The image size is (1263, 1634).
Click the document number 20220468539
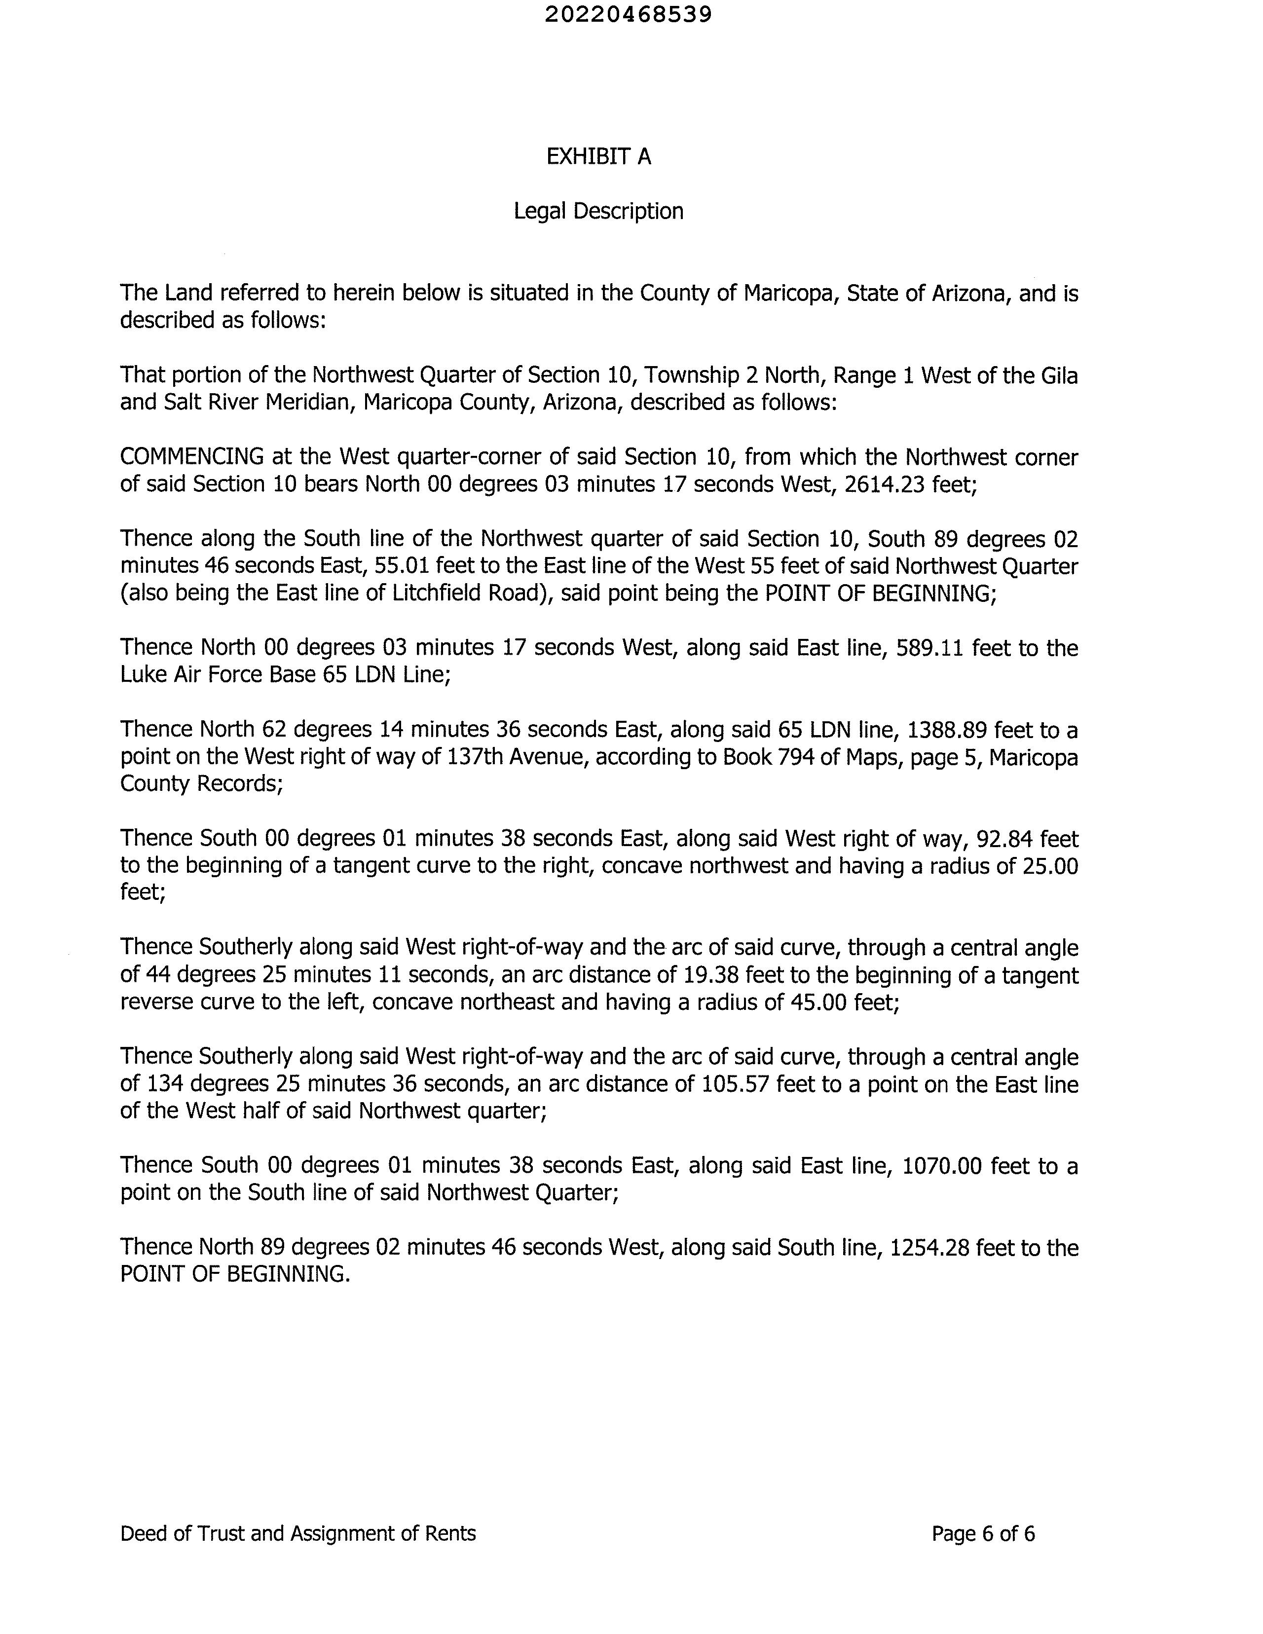[x=628, y=14]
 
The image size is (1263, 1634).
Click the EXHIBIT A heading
[x=598, y=156]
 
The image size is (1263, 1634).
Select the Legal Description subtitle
[x=598, y=211]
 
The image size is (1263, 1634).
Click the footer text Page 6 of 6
[x=983, y=1534]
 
